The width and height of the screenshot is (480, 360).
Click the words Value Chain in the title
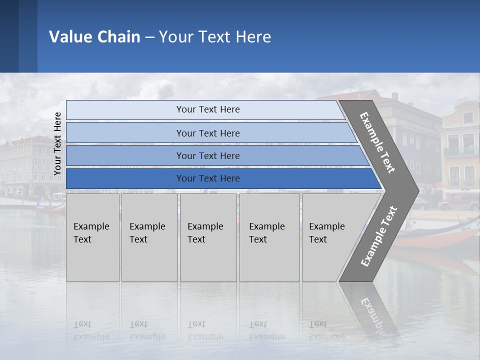click(x=94, y=37)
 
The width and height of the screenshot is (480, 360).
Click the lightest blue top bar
click(x=125, y=110)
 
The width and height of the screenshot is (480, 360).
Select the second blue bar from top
click(x=125, y=133)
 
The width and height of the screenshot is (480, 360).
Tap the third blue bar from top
click(x=125, y=155)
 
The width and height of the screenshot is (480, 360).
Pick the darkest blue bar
click(x=125, y=178)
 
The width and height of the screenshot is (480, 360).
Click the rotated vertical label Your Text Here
click(x=57, y=143)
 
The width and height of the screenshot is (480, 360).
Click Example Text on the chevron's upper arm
click(x=377, y=142)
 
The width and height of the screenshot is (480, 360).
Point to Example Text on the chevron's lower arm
click(x=379, y=236)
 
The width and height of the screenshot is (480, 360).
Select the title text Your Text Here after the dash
click(x=215, y=37)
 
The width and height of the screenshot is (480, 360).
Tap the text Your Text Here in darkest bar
click(x=208, y=178)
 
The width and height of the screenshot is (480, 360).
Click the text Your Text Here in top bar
click(x=208, y=109)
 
